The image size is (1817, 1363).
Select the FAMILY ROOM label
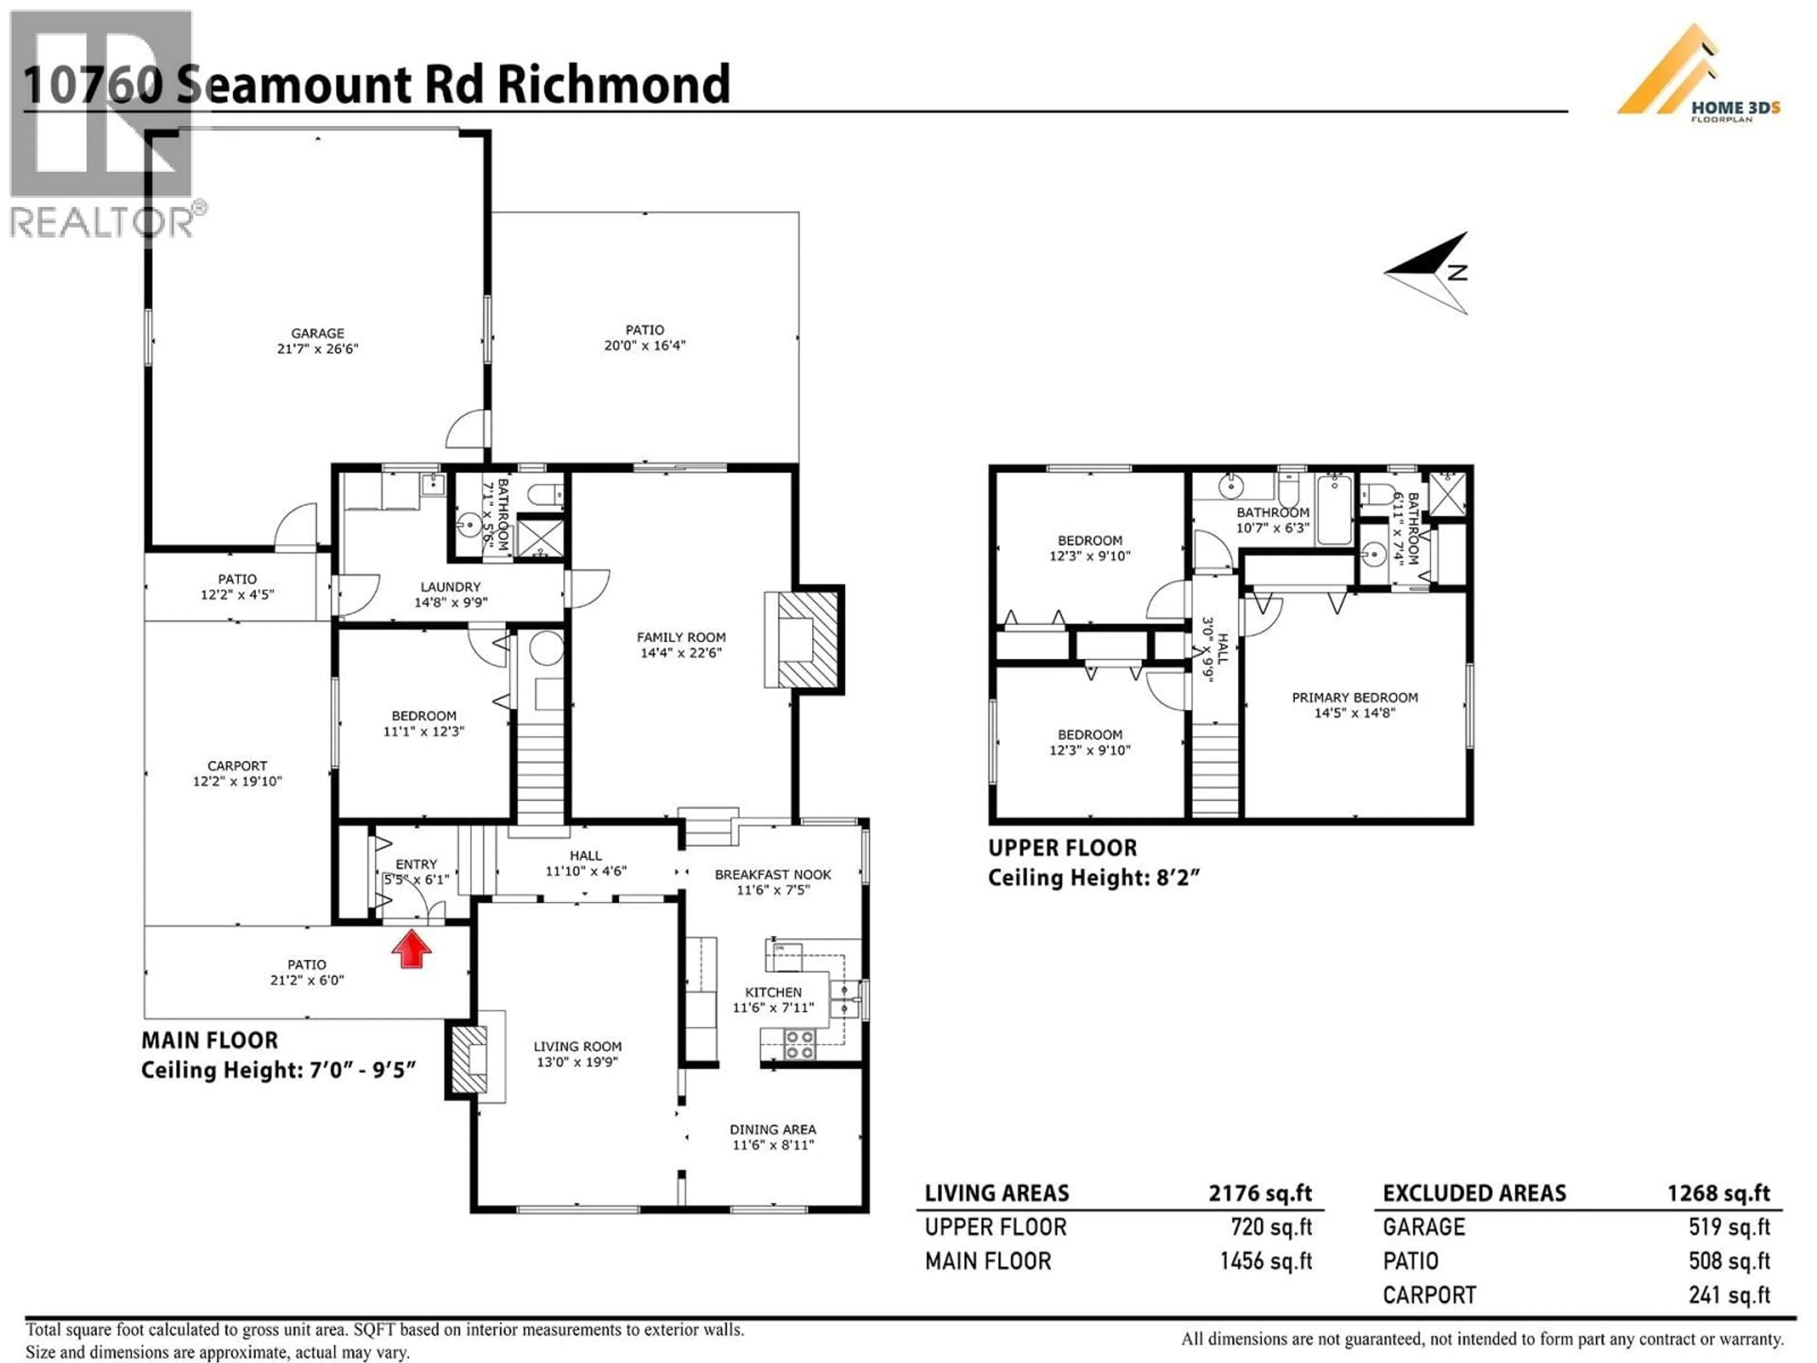point(681,637)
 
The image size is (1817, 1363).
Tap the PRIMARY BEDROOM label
point(1355,698)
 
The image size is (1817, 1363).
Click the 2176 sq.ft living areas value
point(1259,1193)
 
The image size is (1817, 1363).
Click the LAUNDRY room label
point(450,586)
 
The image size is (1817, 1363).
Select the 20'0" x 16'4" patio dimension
point(645,345)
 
